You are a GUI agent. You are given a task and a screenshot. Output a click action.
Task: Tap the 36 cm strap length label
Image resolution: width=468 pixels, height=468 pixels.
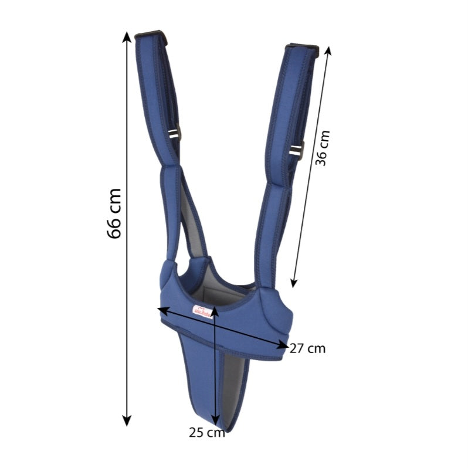[x=323, y=148]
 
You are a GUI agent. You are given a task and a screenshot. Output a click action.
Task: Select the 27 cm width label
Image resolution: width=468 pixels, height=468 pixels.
[x=307, y=348]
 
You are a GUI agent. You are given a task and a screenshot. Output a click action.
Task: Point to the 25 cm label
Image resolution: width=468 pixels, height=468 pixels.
[x=206, y=433]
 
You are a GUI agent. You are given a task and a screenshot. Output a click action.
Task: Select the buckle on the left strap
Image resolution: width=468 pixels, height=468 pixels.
[x=176, y=134]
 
